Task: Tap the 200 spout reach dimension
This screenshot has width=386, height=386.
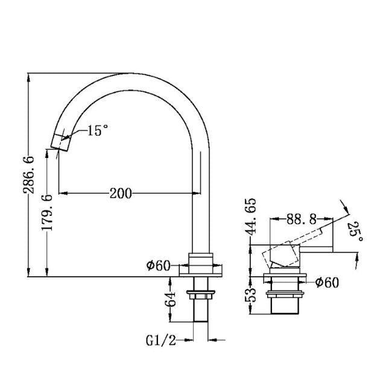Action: tap(121, 193)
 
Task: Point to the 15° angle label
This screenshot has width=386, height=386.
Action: tap(96, 130)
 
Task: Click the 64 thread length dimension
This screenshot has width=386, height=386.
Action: tap(170, 298)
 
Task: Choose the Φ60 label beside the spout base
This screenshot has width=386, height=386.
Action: tap(157, 265)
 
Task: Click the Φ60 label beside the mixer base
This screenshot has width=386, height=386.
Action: tap(327, 282)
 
